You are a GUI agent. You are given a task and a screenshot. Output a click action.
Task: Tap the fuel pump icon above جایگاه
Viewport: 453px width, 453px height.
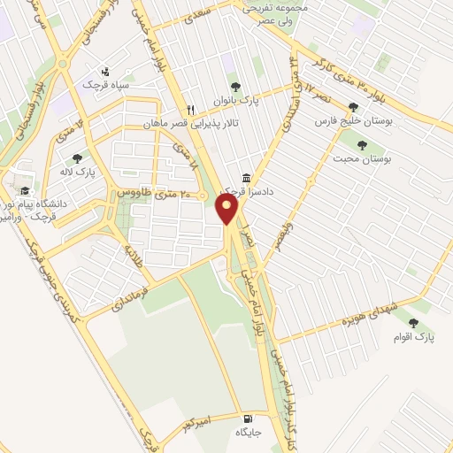click(x=246, y=418)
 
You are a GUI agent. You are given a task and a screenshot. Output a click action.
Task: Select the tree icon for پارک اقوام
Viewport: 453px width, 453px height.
click(x=413, y=324)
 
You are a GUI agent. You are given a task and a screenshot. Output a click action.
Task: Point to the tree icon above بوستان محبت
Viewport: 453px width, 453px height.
click(x=360, y=144)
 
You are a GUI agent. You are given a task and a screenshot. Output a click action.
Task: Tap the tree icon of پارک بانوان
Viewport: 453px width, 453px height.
click(x=234, y=87)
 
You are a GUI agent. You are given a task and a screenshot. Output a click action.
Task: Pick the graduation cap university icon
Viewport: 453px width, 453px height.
click(x=25, y=190)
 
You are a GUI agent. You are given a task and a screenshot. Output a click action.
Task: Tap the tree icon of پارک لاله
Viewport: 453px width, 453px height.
click(x=77, y=159)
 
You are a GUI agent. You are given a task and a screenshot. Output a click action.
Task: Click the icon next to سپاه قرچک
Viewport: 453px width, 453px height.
click(x=105, y=71)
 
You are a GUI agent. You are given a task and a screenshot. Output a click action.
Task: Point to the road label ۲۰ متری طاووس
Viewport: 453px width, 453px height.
click(x=160, y=193)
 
